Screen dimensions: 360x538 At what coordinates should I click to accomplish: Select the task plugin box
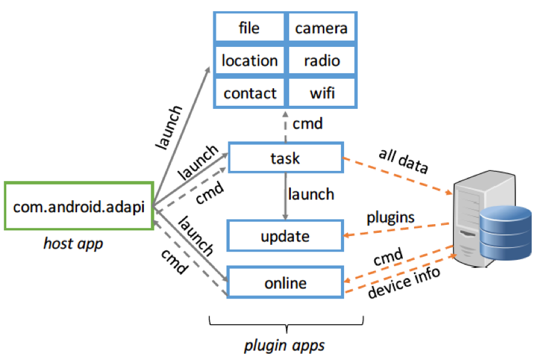[285, 158]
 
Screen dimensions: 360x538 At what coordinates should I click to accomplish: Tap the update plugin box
[285, 237]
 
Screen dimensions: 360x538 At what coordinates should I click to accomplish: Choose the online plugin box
[285, 283]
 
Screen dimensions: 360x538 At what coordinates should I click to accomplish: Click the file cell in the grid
[249, 28]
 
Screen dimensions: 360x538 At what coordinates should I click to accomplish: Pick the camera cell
[321, 28]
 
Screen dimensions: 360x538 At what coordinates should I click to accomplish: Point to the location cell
[249, 61]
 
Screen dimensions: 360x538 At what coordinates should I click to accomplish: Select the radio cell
[321, 61]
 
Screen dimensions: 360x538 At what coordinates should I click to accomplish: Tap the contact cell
[249, 93]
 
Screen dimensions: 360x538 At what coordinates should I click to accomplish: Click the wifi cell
[321, 93]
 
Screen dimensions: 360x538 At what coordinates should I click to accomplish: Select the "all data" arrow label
[403, 161]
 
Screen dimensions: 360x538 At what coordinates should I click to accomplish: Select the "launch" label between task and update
[311, 194]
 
